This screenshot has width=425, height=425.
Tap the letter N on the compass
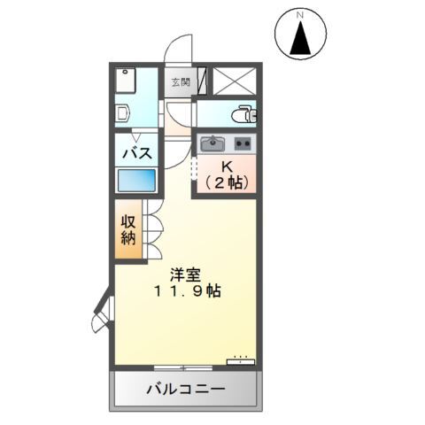[300, 15]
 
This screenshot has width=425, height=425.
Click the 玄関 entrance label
[180, 82]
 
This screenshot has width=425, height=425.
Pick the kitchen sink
[213, 144]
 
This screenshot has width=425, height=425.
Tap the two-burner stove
[243, 144]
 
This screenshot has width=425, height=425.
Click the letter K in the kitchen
[227, 166]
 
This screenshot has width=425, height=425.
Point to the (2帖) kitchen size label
[227, 182]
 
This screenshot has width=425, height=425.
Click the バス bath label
[137, 152]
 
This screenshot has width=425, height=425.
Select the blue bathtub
[137, 182]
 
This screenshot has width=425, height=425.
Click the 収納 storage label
[127, 228]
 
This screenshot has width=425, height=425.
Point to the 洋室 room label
[185, 272]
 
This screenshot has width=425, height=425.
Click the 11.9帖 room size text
[185, 291]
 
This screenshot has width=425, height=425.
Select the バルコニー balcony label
[186, 390]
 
